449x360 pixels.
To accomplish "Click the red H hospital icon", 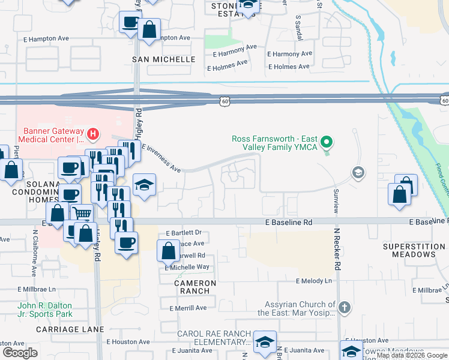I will click(x=92, y=133).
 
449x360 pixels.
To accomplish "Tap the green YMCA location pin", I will click(x=327, y=143).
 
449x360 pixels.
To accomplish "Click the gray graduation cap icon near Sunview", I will click(x=358, y=173).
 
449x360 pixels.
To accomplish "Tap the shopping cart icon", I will click(x=82, y=212).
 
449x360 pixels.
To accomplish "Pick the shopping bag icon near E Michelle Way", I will click(x=168, y=250).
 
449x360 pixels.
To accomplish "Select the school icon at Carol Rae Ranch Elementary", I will click(x=264, y=341).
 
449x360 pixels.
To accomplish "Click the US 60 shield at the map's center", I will click(x=223, y=102).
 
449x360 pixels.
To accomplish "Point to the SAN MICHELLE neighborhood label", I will click(x=164, y=59).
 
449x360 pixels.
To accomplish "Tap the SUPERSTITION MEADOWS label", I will click(x=409, y=250).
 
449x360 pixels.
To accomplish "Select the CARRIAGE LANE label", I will click(x=70, y=329).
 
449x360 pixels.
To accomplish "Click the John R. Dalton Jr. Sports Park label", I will click(x=45, y=310).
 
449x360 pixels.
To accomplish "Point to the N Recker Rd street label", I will click(x=337, y=256).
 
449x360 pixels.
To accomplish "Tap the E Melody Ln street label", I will click(x=313, y=281).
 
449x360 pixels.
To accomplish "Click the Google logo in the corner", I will click(x=20, y=352).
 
